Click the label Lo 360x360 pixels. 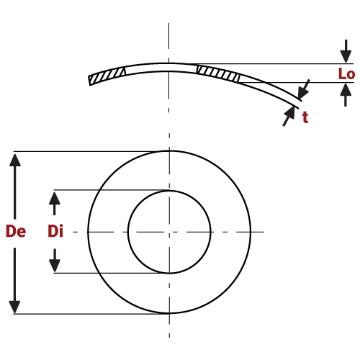346,73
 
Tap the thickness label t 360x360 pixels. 305,118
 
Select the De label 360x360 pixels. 16,232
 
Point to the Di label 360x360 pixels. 55,232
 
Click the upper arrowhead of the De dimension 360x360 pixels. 15,159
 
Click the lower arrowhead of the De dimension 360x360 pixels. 15,305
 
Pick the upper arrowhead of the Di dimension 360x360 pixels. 55,197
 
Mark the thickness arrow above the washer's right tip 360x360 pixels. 304,88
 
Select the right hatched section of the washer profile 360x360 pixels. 217,72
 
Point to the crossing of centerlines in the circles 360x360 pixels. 169,232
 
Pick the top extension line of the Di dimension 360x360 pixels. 108,190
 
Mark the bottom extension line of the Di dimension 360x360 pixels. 108,273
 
